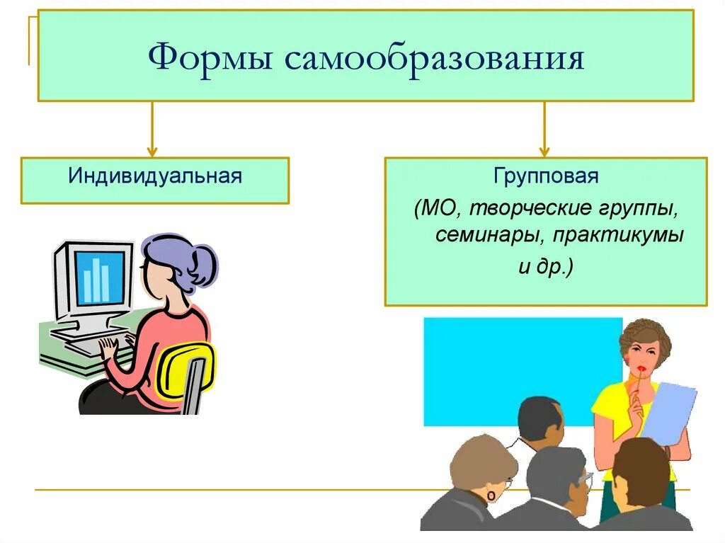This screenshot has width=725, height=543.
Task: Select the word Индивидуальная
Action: click(x=155, y=175)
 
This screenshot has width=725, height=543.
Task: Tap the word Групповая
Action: click(x=546, y=176)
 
